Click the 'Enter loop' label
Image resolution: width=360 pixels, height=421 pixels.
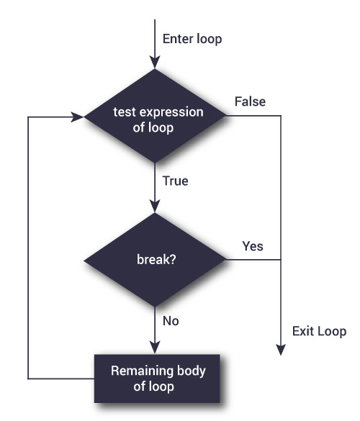pos(192,39)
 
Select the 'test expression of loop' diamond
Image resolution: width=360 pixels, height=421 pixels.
pos(155,116)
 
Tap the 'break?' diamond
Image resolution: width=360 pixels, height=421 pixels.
pos(155,260)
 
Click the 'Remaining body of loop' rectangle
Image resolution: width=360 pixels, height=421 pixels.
pos(157,378)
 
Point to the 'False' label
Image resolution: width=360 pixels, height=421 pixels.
pos(250,101)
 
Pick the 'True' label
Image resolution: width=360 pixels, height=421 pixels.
pos(175,181)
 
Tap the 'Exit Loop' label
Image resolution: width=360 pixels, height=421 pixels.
pos(318,332)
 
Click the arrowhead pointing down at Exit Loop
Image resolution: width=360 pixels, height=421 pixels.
pos(281,350)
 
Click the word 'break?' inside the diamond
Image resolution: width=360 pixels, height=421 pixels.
pos(155,260)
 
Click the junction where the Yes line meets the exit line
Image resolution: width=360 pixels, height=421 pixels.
pos(281,260)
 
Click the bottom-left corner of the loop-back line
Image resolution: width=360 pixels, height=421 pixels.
pos(27,378)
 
